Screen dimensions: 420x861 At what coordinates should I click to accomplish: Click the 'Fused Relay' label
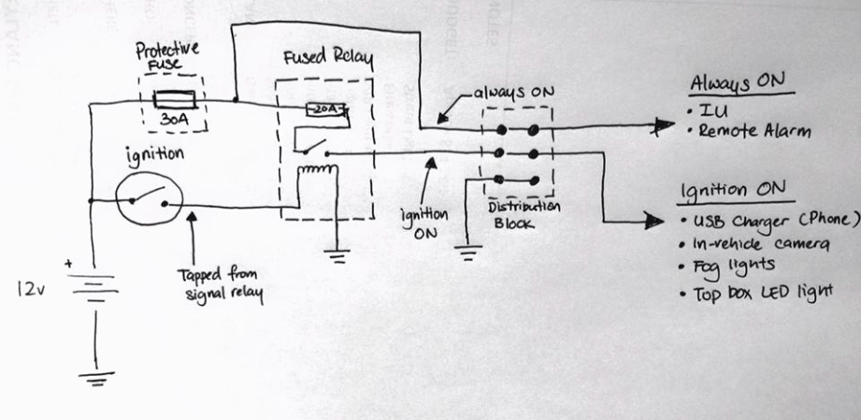(327, 61)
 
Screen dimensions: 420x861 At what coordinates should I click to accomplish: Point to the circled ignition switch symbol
(148, 197)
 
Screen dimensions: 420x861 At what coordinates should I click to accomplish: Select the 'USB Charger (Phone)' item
(776, 222)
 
